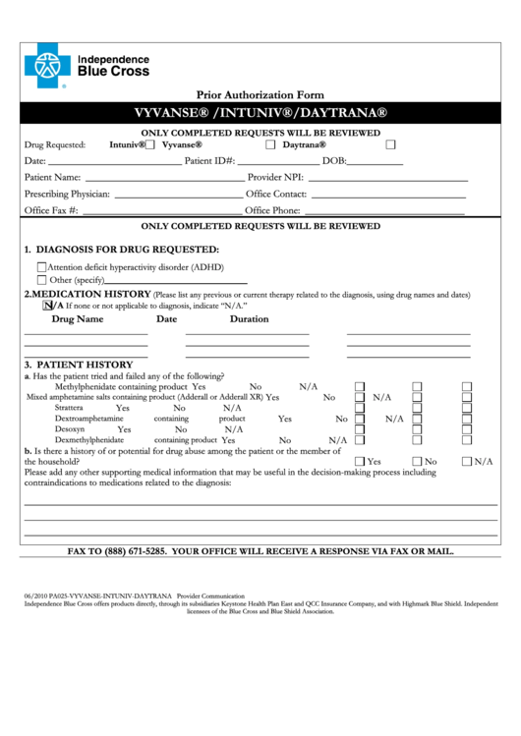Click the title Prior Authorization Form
[260, 94]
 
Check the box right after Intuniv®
[150, 144]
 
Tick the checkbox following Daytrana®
[390, 144]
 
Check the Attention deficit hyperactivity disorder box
[41, 266]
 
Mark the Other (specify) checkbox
[41, 280]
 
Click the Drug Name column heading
[78, 318]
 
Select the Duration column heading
[249, 318]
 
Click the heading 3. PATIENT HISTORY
[78, 364]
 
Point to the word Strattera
[69, 407]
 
